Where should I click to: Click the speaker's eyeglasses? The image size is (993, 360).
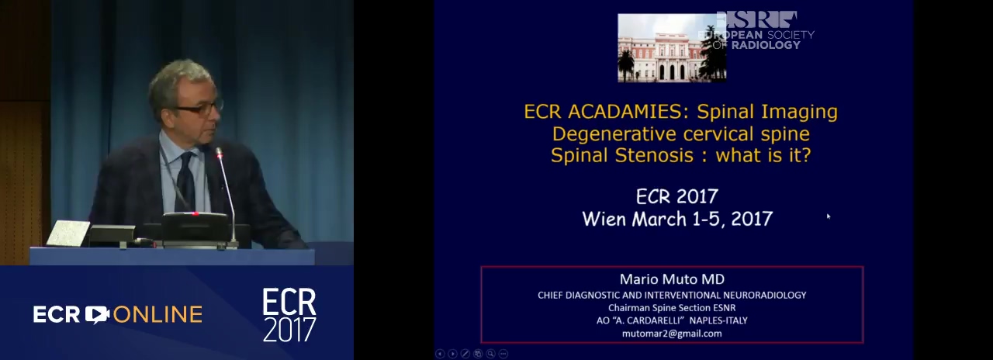point(199,108)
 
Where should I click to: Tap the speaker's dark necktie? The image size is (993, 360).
point(186,181)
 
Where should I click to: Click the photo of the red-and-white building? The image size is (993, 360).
point(672,48)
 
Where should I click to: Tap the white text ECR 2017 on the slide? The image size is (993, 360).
point(677,196)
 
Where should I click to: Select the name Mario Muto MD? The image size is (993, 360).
point(672,279)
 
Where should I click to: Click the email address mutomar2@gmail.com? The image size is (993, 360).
point(672,334)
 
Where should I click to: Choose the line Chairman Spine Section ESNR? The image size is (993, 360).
point(672,308)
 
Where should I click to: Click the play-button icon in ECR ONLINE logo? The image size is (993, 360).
point(97,314)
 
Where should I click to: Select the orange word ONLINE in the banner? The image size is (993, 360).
point(157,314)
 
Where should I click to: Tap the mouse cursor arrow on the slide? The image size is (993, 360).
point(828,216)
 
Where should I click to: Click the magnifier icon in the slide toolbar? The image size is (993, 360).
point(491,354)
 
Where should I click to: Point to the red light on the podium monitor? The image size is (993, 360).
point(194,213)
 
